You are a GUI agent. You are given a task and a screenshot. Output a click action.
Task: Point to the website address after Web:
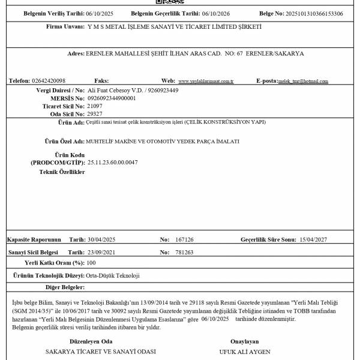click(206, 81)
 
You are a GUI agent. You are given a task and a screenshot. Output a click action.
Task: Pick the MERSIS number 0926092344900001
click(112, 98)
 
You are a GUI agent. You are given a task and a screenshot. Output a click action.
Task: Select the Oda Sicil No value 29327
click(94, 113)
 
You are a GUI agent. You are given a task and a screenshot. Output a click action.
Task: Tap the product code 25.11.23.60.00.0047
click(113, 162)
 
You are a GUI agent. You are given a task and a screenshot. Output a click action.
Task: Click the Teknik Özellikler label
click(62, 172)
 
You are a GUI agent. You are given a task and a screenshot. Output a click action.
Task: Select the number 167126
click(184, 239)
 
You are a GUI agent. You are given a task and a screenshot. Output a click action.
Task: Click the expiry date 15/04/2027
click(314, 239)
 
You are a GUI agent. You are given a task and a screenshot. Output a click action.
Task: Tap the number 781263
click(184, 253)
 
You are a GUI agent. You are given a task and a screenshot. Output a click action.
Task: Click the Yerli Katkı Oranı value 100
click(91, 263)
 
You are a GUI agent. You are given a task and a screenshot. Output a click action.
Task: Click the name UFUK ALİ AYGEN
click(245, 351)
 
